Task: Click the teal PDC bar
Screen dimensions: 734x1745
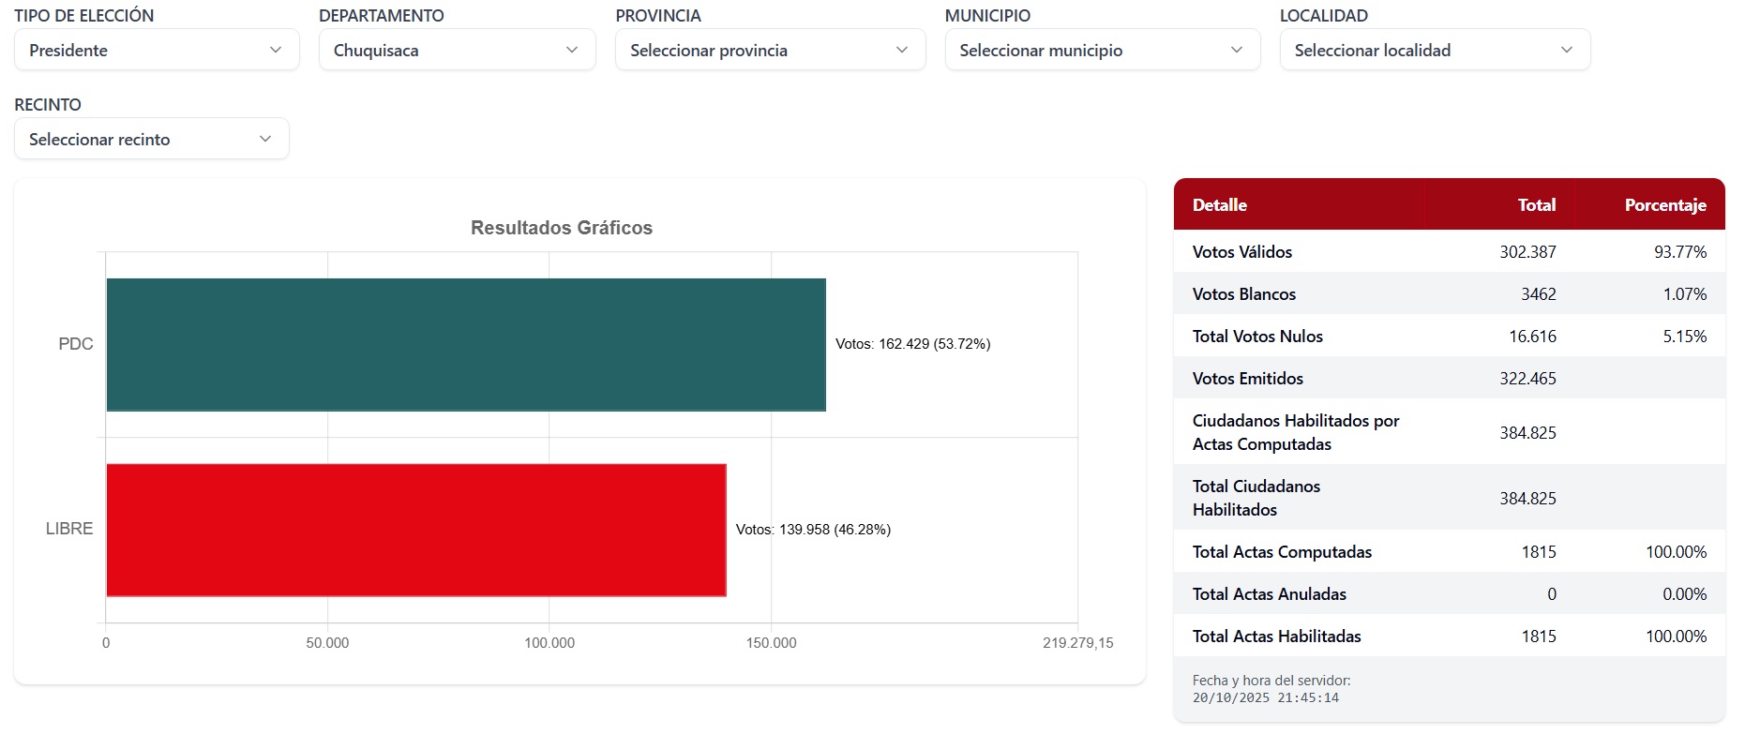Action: coord(466,344)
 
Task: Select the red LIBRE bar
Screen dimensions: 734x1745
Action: coord(416,530)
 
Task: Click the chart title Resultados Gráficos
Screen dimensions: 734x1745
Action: coord(561,228)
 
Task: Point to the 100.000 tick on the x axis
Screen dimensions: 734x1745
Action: coord(549,643)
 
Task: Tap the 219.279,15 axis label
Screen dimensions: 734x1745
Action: coord(1077,643)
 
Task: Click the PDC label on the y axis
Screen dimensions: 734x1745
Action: coord(76,344)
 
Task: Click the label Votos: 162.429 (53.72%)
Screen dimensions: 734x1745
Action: coord(912,344)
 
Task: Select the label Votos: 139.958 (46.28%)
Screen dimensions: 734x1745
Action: coord(813,530)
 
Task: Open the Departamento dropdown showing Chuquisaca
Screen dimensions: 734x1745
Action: coord(457,50)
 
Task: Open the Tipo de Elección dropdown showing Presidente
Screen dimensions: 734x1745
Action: coord(157,50)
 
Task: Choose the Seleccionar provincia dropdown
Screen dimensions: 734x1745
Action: coord(770,50)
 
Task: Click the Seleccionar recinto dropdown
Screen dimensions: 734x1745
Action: coord(151,139)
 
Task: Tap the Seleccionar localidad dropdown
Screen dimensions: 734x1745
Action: coord(1434,50)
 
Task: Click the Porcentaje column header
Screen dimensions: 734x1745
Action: coord(1664,204)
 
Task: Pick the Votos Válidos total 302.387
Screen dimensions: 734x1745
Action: coord(1527,252)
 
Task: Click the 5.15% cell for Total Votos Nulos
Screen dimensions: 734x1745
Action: coord(1684,337)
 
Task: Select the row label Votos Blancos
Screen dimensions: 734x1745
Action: coord(1243,294)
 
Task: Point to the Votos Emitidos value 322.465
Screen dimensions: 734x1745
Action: coord(1527,379)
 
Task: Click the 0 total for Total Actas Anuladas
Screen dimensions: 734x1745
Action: coord(1551,594)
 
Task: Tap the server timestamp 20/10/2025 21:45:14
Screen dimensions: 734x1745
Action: coord(1265,698)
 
